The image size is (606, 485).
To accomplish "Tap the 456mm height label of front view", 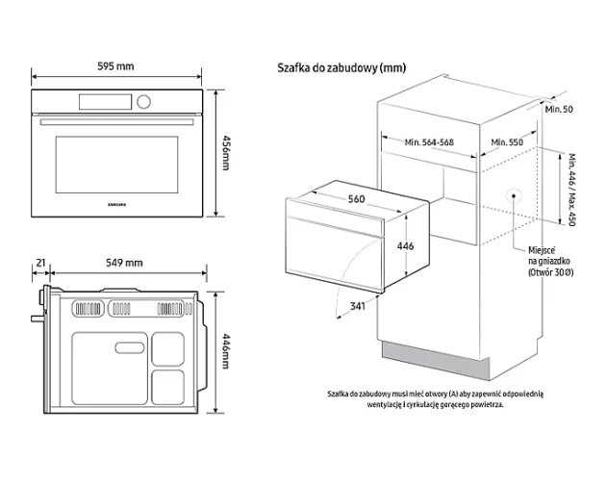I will pyautogui.click(x=227, y=152).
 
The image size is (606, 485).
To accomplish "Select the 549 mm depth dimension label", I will pyautogui.click(x=123, y=263).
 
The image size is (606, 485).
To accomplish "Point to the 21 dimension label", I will pyautogui.click(x=40, y=263).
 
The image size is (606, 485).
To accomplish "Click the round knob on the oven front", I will pyautogui.click(x=143, y=101).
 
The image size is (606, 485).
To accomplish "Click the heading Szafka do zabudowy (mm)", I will pyautogui.click(x=341, y=67).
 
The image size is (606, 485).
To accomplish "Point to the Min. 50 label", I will pyautogui.click(x=558, y=110).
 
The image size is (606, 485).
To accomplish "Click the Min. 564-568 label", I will pyautogui.click(x=429, y=142).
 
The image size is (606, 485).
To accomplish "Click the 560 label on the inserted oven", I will pyautogui.click(x=357, y=199).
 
